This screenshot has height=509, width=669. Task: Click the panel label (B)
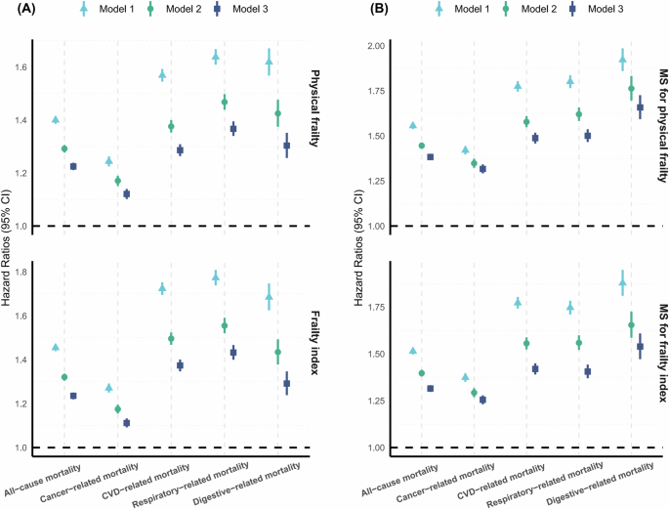click(353, 11)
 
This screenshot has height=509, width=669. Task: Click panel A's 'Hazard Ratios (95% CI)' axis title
click(9, 255)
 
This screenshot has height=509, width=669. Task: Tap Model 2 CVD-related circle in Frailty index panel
click(171, 339)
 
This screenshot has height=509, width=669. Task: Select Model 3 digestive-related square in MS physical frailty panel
click(641, 107)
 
